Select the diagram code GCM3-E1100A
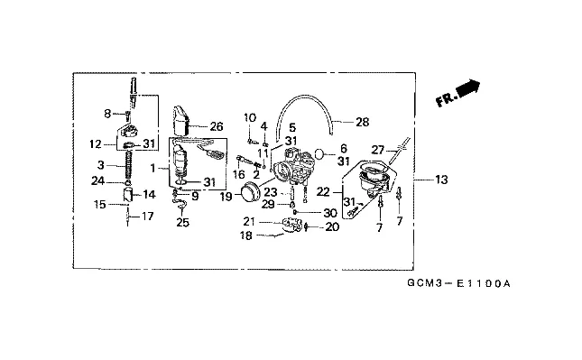(458, 283)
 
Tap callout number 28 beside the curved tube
(362, 122)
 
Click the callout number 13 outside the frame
(441, 180)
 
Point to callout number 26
(217, 126)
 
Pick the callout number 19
(226, 197)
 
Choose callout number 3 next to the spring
(101, 164)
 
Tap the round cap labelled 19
(251, 192)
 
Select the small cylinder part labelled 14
(128, 194)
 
